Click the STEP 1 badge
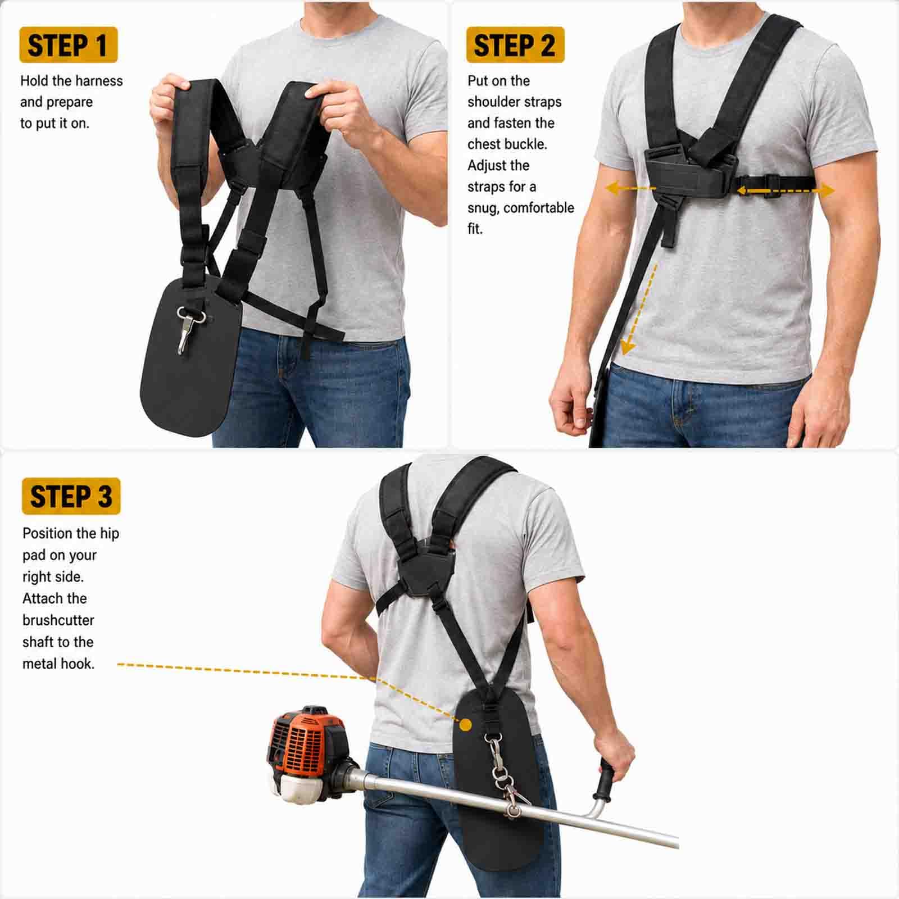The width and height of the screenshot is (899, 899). (x=68, y=44)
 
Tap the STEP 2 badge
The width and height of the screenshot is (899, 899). (x=515, y=44)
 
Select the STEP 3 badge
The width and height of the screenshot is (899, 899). (x=71, y=496)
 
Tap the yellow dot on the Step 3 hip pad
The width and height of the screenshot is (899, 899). (x=465, y=725)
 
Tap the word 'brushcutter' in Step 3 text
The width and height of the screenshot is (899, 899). (x=58, y=620)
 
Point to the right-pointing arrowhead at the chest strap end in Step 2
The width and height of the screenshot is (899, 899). (x=828, y=190)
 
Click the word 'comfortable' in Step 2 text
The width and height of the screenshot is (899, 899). (x=539, y=208)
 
